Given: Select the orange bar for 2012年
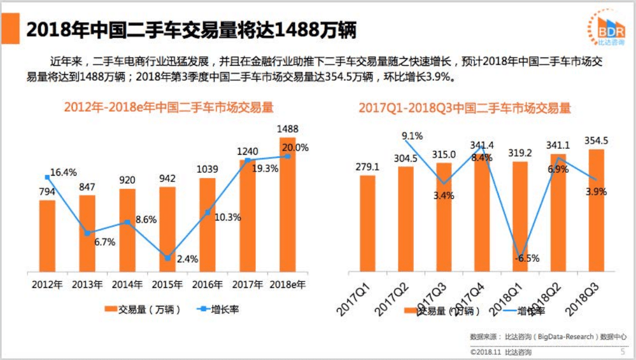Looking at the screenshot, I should click(48, 236).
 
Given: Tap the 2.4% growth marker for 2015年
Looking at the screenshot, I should click(167, 258).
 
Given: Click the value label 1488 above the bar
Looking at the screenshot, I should click(288, 129).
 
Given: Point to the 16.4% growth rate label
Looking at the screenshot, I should click(63, 172).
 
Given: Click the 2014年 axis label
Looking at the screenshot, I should click(127, 285).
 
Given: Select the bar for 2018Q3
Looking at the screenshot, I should click(596, 210).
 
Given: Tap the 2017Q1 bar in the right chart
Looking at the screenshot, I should click(367, 223).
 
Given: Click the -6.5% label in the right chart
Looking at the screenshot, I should click(527, 258).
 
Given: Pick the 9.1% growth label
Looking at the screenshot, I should click(412, 136).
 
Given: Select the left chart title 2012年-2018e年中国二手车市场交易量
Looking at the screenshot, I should click(168, 108).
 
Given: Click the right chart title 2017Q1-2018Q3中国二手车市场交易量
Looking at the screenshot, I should click(465, 108).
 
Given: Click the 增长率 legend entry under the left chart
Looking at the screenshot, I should click(219, 309).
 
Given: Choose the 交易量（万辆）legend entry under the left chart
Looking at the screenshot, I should click(142, 309).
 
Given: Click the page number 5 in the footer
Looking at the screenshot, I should click(623, 351).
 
